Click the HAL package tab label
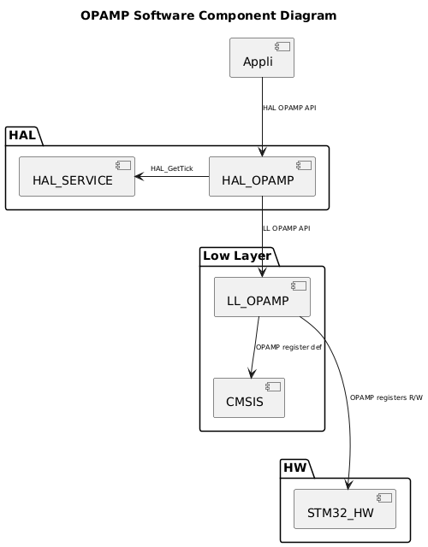(x=22, y=135)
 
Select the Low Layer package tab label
(x=236, y=256)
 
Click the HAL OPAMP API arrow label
(x=289, y=109)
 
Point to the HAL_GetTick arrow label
(x=171, y=168)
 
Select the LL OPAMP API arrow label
(x=286, y=228)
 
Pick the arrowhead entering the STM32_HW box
(x=348, y=485)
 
